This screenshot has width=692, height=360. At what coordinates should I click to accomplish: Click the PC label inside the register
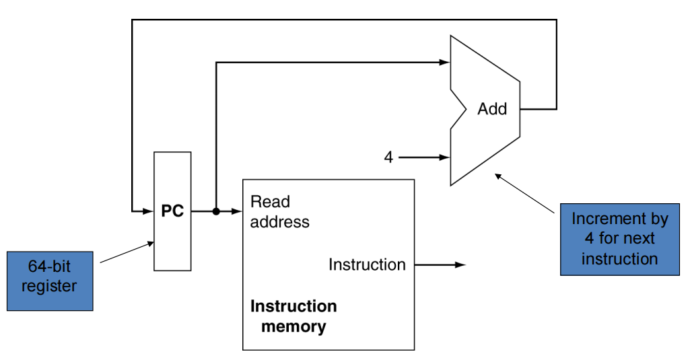172,211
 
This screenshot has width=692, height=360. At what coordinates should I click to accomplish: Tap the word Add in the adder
492,109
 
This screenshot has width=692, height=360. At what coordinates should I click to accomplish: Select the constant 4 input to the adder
388,157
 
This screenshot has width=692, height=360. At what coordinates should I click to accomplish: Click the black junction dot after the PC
216,211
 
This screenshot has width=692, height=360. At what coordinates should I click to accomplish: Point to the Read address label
279,212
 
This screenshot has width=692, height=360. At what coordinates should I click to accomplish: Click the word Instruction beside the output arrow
367,264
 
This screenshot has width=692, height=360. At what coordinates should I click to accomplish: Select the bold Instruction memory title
293,316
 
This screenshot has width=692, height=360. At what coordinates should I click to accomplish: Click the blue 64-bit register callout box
50,281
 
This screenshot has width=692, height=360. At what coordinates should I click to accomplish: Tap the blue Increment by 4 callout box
619,238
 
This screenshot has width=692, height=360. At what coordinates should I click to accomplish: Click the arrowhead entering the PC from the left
148,211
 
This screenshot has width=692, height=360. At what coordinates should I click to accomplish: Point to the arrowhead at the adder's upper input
444,63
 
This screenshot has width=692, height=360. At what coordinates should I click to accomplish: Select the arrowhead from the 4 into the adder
444,157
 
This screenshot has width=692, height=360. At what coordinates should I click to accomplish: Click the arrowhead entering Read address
237,211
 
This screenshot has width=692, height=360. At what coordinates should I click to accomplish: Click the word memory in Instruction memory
293,327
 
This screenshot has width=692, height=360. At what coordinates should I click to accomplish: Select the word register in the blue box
49,286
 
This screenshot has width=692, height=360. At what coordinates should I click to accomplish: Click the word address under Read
280,222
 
